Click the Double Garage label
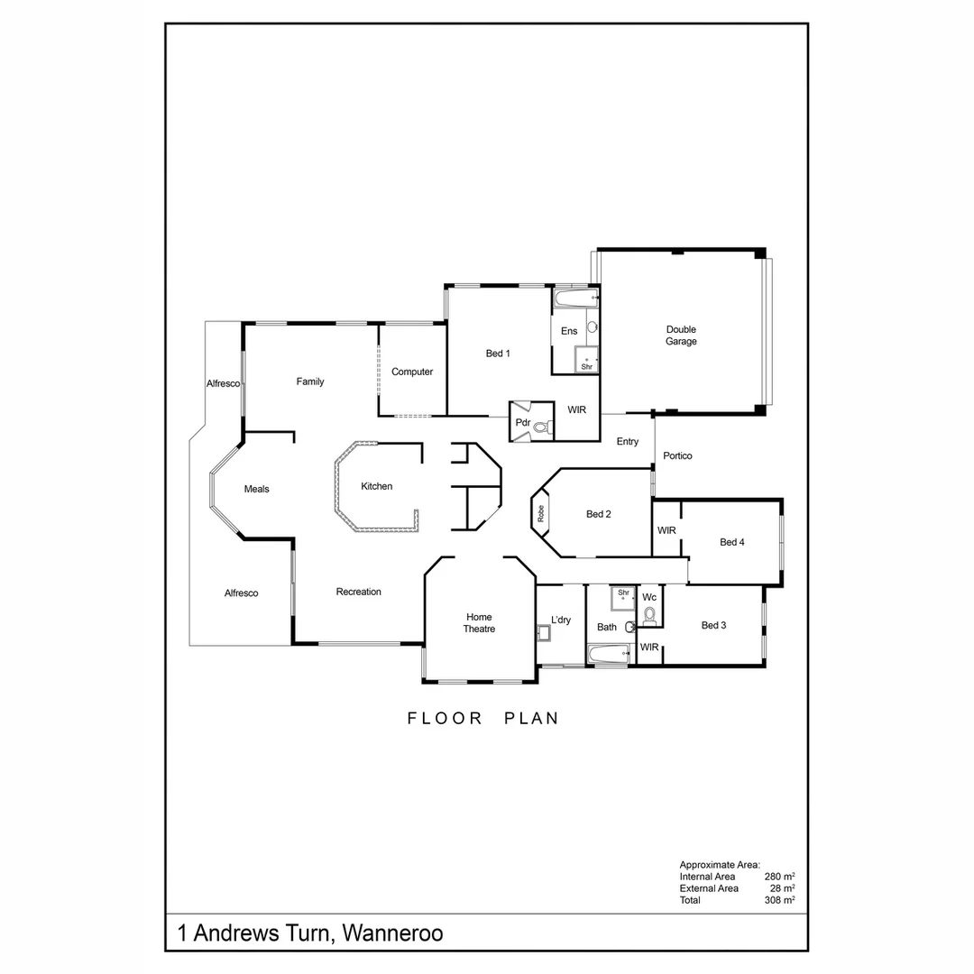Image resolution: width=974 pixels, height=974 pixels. pos(681,335)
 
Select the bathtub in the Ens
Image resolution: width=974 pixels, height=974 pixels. pos(575,298)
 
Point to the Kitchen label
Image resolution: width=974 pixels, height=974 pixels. pos(377,486)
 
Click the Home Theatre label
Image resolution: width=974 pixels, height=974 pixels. pos(479,622)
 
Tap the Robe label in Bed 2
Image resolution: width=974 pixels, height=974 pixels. pos(540,514)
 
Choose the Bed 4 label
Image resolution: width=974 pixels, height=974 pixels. pos(731,542)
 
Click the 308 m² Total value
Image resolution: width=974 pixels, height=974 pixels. pos(778,900)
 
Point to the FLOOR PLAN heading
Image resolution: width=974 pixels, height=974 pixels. pos(483,719)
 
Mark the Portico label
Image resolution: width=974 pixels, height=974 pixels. pos(677,455)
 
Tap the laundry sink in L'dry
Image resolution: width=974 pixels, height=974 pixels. pos(544,634)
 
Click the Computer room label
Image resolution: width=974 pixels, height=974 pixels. pos(412,372)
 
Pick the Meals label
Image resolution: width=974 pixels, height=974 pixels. pos(257,489)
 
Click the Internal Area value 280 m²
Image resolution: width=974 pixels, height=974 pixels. pos(778,877)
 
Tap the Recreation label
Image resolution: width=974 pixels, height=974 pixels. pos(358,592)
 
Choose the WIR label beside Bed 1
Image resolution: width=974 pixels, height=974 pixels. pos(576,409)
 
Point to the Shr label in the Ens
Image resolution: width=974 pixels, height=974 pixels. pos(586,366)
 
